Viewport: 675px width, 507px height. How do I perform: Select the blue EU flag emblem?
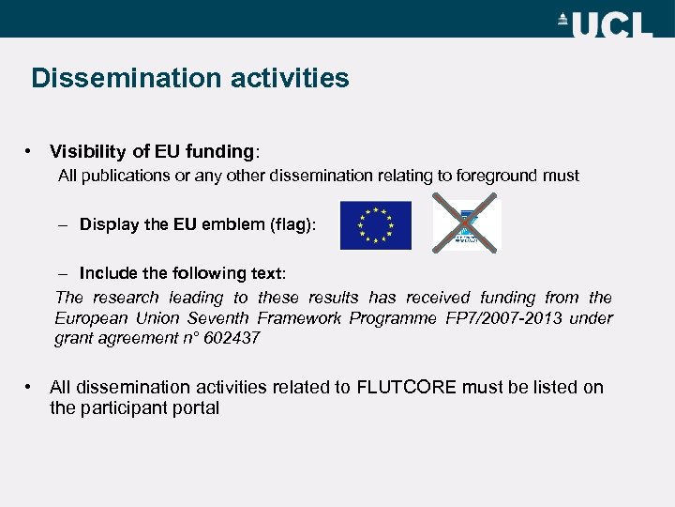point(375,225)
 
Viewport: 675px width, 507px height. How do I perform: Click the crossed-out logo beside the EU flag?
point(466,225)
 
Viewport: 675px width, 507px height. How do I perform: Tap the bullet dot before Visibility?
point(31,151)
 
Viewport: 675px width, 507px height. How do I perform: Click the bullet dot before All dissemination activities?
point(31,387)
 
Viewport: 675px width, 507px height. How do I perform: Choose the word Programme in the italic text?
point(393,318)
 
